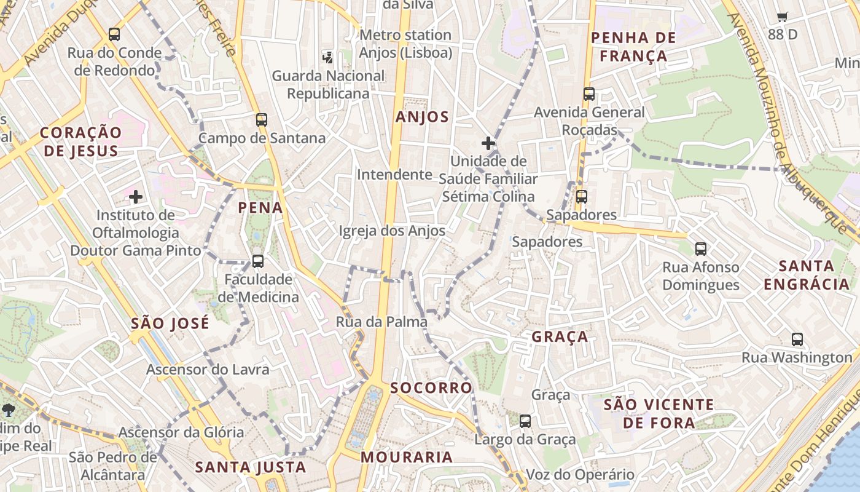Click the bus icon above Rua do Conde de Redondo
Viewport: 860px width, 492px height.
tap(114, 34)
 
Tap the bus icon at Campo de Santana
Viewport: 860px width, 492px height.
tap(262, 120)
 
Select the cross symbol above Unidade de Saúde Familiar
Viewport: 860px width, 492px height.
tap(488, 144)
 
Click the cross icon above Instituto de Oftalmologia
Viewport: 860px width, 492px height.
tap(136, 197)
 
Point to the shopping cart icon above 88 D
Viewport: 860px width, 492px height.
tap(782, 17)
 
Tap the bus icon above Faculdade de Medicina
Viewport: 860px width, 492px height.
tap(258, 261)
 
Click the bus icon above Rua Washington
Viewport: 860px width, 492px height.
tap(797, 339)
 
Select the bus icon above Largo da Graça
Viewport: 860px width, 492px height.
tap(525, 421)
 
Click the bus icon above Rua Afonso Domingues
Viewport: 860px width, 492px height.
tap(701, 249)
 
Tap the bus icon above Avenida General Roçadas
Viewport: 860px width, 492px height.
tap(589, 94)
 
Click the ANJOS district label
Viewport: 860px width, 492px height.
tap(423, 117)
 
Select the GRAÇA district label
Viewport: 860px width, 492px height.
tap(560, 337)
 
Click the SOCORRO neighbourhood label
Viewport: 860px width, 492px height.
tap(431, 388)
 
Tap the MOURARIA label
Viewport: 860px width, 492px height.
tap(407, 458)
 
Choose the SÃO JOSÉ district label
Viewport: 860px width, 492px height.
tap(170, 323)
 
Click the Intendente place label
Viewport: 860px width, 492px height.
tap(394, 175)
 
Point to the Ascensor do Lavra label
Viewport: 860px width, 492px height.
tap(208, 370)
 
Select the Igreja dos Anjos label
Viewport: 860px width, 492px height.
tap(392, 231)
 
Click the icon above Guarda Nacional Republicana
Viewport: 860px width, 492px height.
tap(328, 58)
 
